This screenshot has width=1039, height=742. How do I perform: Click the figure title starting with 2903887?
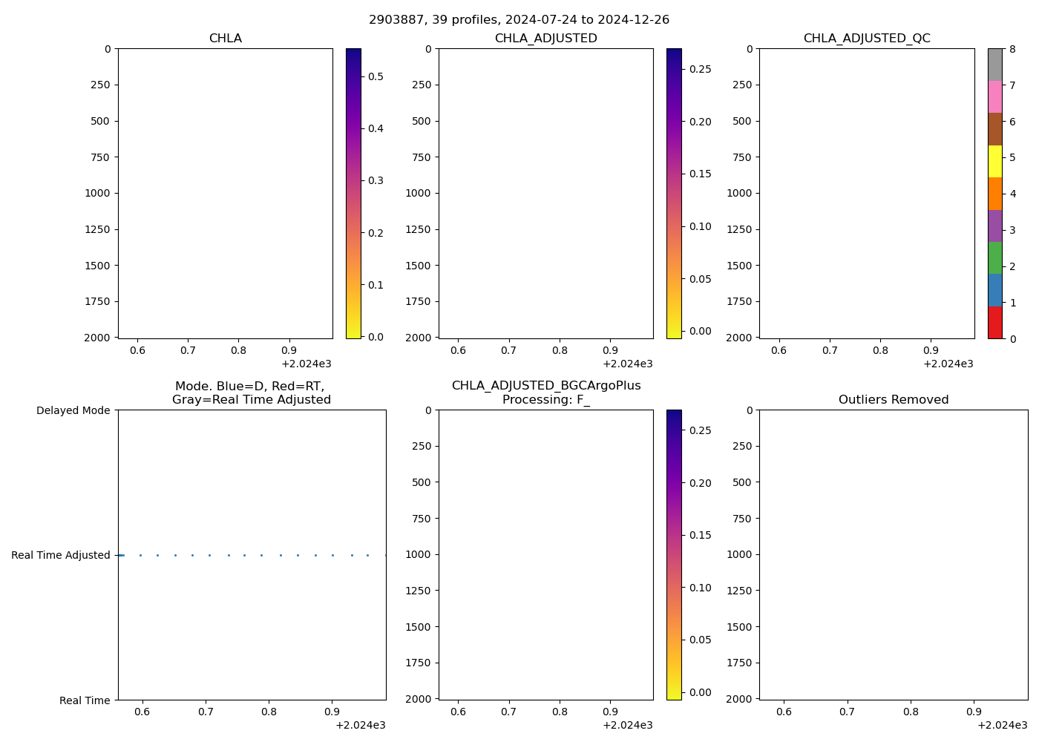[x=519, y=20]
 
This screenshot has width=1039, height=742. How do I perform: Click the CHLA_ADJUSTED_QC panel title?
[x=866, y=39]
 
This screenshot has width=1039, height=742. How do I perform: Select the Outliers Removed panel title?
[x=893, y=400]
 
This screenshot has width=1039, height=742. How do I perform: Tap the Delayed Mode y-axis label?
[x=73, y=410]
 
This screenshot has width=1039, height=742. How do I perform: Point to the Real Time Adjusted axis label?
[x=61, y=555]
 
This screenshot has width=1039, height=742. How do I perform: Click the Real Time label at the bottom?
[x=85, y=700]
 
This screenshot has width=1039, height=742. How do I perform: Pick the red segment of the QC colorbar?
[x=994, y=323]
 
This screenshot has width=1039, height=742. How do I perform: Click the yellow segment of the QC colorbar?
[x=994, y=161]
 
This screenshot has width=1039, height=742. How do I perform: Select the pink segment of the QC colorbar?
[x=994, y=96]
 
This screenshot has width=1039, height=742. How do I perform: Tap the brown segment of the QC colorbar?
[x=994, y=129]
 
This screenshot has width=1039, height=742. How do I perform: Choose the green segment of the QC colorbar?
[x=994, y=258]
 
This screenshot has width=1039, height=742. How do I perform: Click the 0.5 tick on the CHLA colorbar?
[x=376, y=76]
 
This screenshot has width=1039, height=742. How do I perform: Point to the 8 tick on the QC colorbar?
[x=1012, y=50]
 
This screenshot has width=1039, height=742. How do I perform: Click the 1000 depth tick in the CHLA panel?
[x=95, y=193]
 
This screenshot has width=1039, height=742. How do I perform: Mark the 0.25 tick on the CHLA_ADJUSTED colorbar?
[x=699, y=69]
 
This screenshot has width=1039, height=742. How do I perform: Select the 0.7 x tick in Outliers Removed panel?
[x=847, y=712]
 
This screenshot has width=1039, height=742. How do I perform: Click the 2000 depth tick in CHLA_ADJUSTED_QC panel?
[x=739, y=338]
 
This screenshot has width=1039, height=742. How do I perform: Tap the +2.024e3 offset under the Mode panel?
[x=360, y=725]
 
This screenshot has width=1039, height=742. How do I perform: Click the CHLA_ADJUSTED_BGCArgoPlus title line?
[x=545, y=386]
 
